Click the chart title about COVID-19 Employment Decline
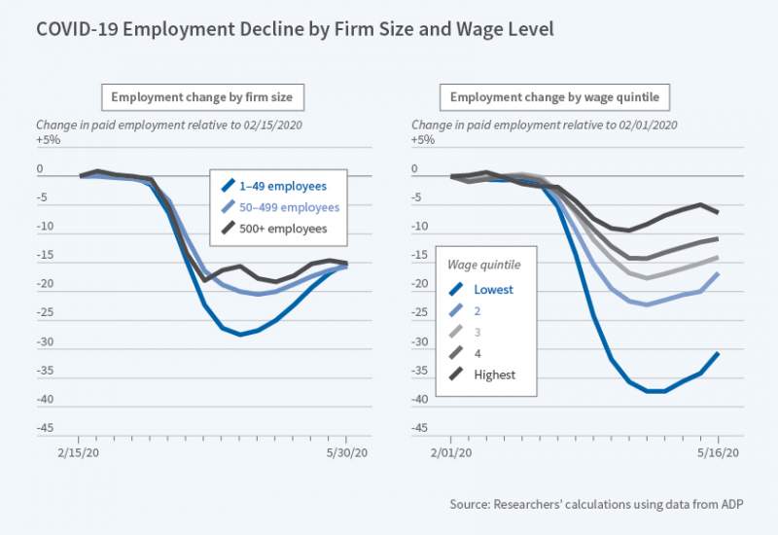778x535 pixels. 295,30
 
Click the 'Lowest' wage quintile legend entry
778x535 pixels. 494,289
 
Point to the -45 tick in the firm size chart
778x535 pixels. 48,427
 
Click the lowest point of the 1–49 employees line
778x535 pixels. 239,335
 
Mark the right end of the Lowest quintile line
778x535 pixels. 718,353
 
